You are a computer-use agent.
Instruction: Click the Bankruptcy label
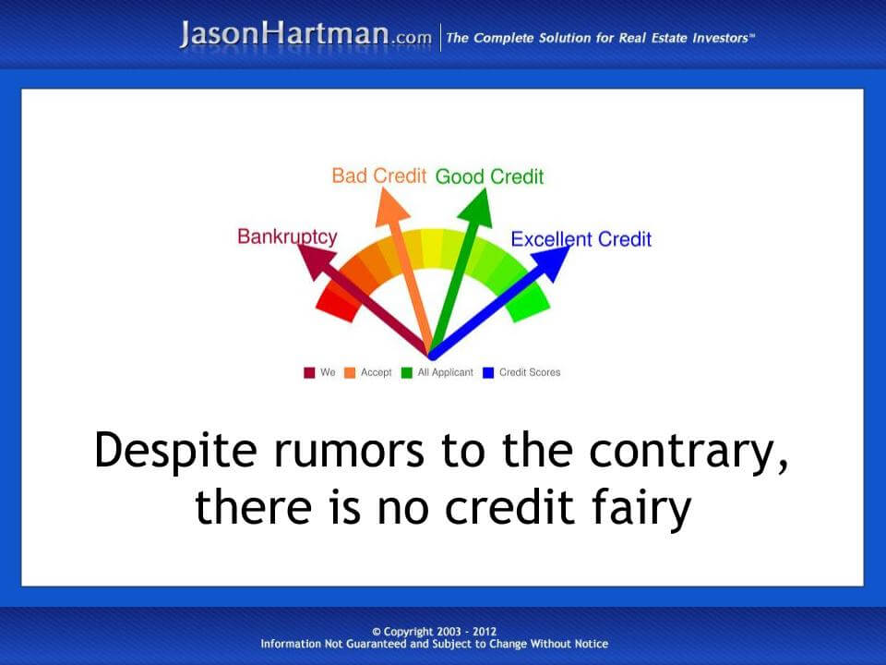(287, 236)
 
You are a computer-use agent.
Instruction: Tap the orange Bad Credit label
(379, 175)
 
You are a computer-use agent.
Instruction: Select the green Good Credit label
(489, 176)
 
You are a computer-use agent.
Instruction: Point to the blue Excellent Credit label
(581, 239)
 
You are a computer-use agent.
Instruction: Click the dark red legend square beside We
(310, 373)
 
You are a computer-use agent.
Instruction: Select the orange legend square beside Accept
(350, 373)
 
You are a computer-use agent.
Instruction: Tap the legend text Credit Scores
(529, 373)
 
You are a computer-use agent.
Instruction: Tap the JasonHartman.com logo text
(305, 35)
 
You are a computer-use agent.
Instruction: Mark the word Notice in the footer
(586, 644)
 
